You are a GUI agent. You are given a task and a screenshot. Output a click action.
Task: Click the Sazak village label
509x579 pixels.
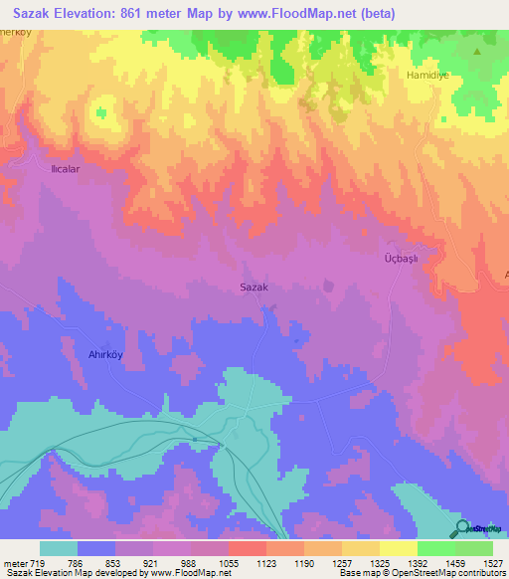coord(254,288)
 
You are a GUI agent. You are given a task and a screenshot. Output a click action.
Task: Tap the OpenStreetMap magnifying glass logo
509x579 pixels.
coord(460,529)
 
